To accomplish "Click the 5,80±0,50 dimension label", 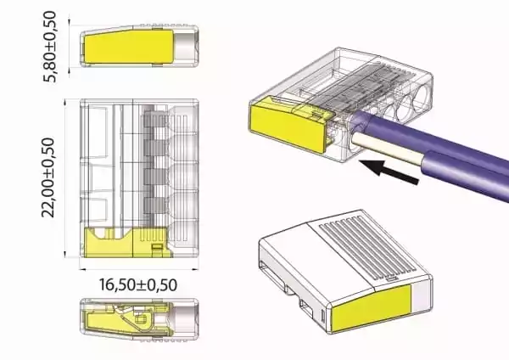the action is click(x=50, y=47).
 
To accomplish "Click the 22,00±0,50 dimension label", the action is click(x=48, y=177).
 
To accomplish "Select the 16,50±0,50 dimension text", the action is click(x=138, y=285).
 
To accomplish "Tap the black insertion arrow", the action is click(x=389, y=172).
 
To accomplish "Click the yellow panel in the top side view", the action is click(x=129, y=47).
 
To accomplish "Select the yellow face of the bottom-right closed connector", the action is click(x=372, y=308).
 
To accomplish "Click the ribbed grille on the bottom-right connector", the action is click(x=366, y=248).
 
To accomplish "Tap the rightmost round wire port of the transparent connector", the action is click(x=421, y=98).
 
